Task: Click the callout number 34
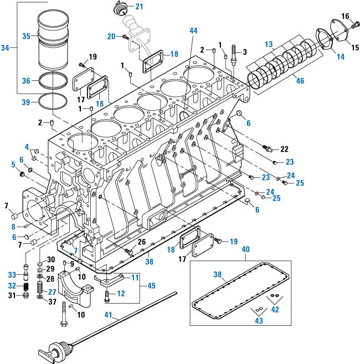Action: pyautogui.click(x=6, y=49)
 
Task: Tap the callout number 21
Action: pyautogui.click(x=139, y=7)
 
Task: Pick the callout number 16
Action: pyautogui.click(x=344, y=15)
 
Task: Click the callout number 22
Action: pyautogui.click(x=284, y=150)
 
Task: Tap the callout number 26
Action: pyautogui.click(x=142, y=242)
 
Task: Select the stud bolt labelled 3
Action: pyautogui.click(x=235, y=55)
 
